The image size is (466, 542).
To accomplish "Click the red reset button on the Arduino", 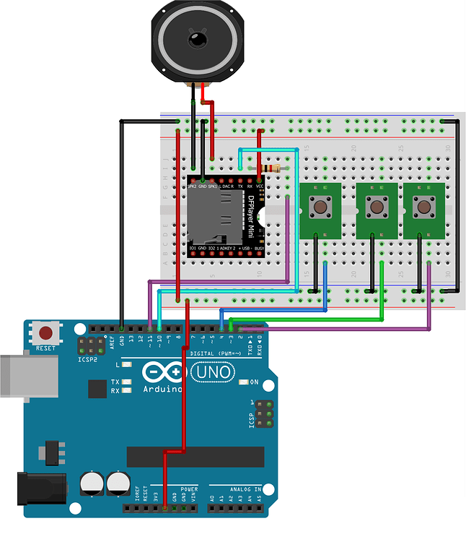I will pos(47,333).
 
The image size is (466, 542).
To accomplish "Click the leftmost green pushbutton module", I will pos(319,208).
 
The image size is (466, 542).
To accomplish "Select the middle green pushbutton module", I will pos(376,208).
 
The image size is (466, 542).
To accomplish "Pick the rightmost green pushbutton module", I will pos(422,208).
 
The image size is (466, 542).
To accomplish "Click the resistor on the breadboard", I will pos(273,168).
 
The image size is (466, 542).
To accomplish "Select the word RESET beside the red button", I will pos(46,348).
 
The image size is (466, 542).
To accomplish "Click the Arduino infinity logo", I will pos(162,372).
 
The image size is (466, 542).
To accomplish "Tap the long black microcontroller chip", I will pos(195,456).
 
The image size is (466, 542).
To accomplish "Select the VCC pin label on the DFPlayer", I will pos(260,186).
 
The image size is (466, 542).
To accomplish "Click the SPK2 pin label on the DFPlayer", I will pos(192,186).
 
